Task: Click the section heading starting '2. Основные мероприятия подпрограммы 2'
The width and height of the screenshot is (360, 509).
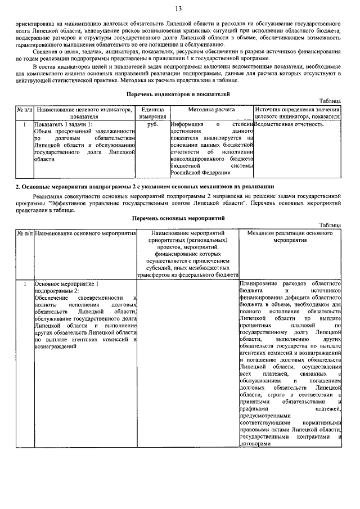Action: [x=145, y=186]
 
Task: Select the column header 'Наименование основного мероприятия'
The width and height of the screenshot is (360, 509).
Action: [x=85, y=232]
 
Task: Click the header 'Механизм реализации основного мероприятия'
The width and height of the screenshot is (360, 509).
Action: [x=290, y=236]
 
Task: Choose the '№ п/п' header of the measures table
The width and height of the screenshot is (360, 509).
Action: [x=24, y=232]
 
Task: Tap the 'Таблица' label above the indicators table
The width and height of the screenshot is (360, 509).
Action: [x=330, y=100]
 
